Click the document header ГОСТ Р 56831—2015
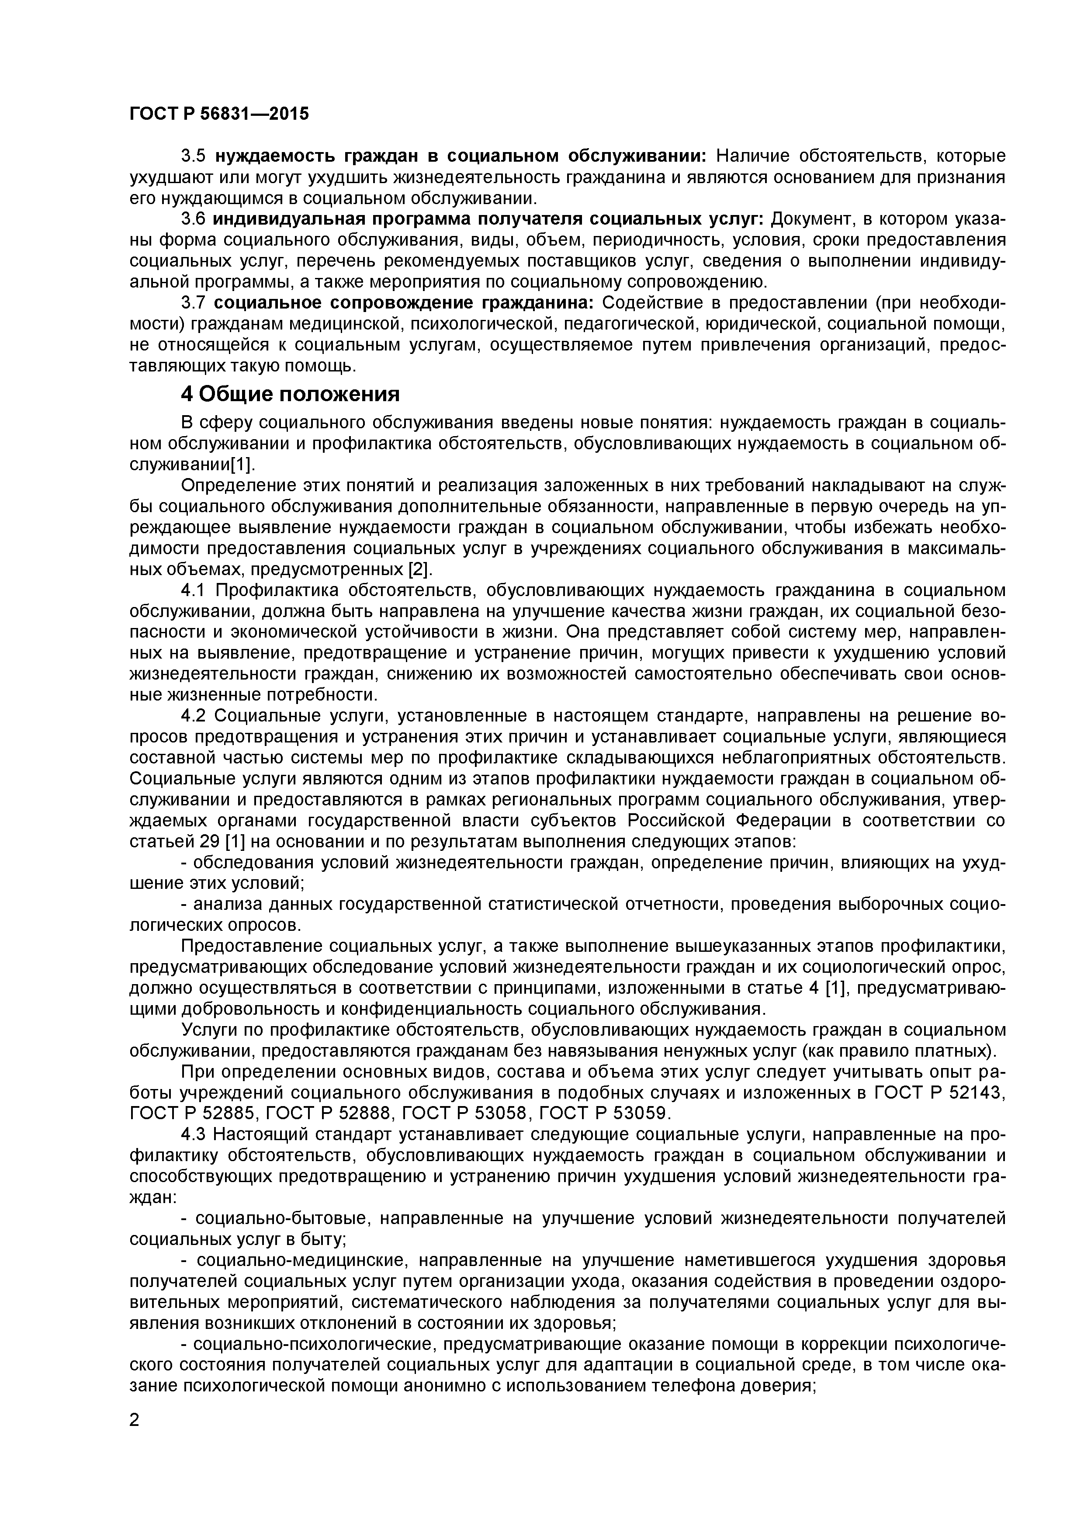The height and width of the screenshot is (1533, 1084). (219, 114)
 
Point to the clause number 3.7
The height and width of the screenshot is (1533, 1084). (193, 303)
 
